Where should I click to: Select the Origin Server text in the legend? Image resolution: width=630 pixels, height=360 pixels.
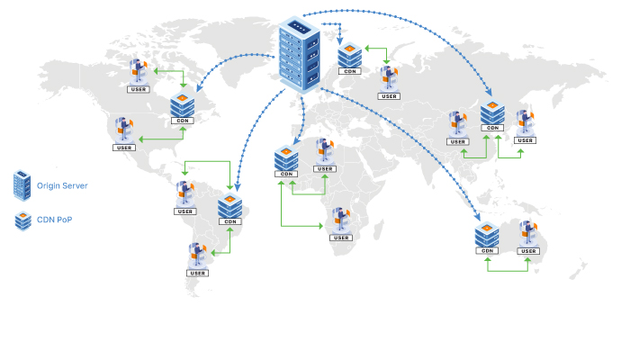pyautogui.click(x=62, y=185)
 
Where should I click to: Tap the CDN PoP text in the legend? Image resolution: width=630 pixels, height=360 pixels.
pyautogui.click(x=54, y=219)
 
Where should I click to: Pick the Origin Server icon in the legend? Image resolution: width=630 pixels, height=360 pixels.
pyautogui.click(x=21, y=185)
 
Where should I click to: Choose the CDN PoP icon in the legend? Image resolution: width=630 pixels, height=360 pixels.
pyautogui.click(x=21, y=219)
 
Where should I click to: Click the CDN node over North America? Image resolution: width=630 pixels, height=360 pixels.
pyautogui.click(x=183, y=106)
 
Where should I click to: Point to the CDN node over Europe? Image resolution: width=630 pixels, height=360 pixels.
pyautogui.click(x=350, y=55)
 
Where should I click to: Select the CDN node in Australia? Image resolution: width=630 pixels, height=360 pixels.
pyautogui.click(x=487, y=236)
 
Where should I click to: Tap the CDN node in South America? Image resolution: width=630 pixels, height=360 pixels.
pyautogui.click(x=229, y=207)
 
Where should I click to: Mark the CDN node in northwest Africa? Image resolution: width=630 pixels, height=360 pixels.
pyautogui.click(x=287, y=159)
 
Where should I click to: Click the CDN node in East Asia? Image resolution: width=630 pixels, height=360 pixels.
pyautogui.click(x=491, y=114)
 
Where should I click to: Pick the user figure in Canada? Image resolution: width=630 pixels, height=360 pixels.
pyautogui.click(x=139, y=72)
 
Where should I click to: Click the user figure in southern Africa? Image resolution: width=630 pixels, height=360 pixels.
pyautogui.click(x=340, y=221)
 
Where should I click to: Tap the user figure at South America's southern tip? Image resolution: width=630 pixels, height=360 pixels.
pyautogui.click(x=196, y=256)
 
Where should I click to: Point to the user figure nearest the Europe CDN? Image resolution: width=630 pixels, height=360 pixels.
pyautogui.click(x=389, y=79)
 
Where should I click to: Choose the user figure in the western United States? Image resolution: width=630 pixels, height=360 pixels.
pyautogui.click(x=124, y=130)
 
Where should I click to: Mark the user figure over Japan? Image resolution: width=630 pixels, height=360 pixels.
pyautogui.click(x=525, y=124)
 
